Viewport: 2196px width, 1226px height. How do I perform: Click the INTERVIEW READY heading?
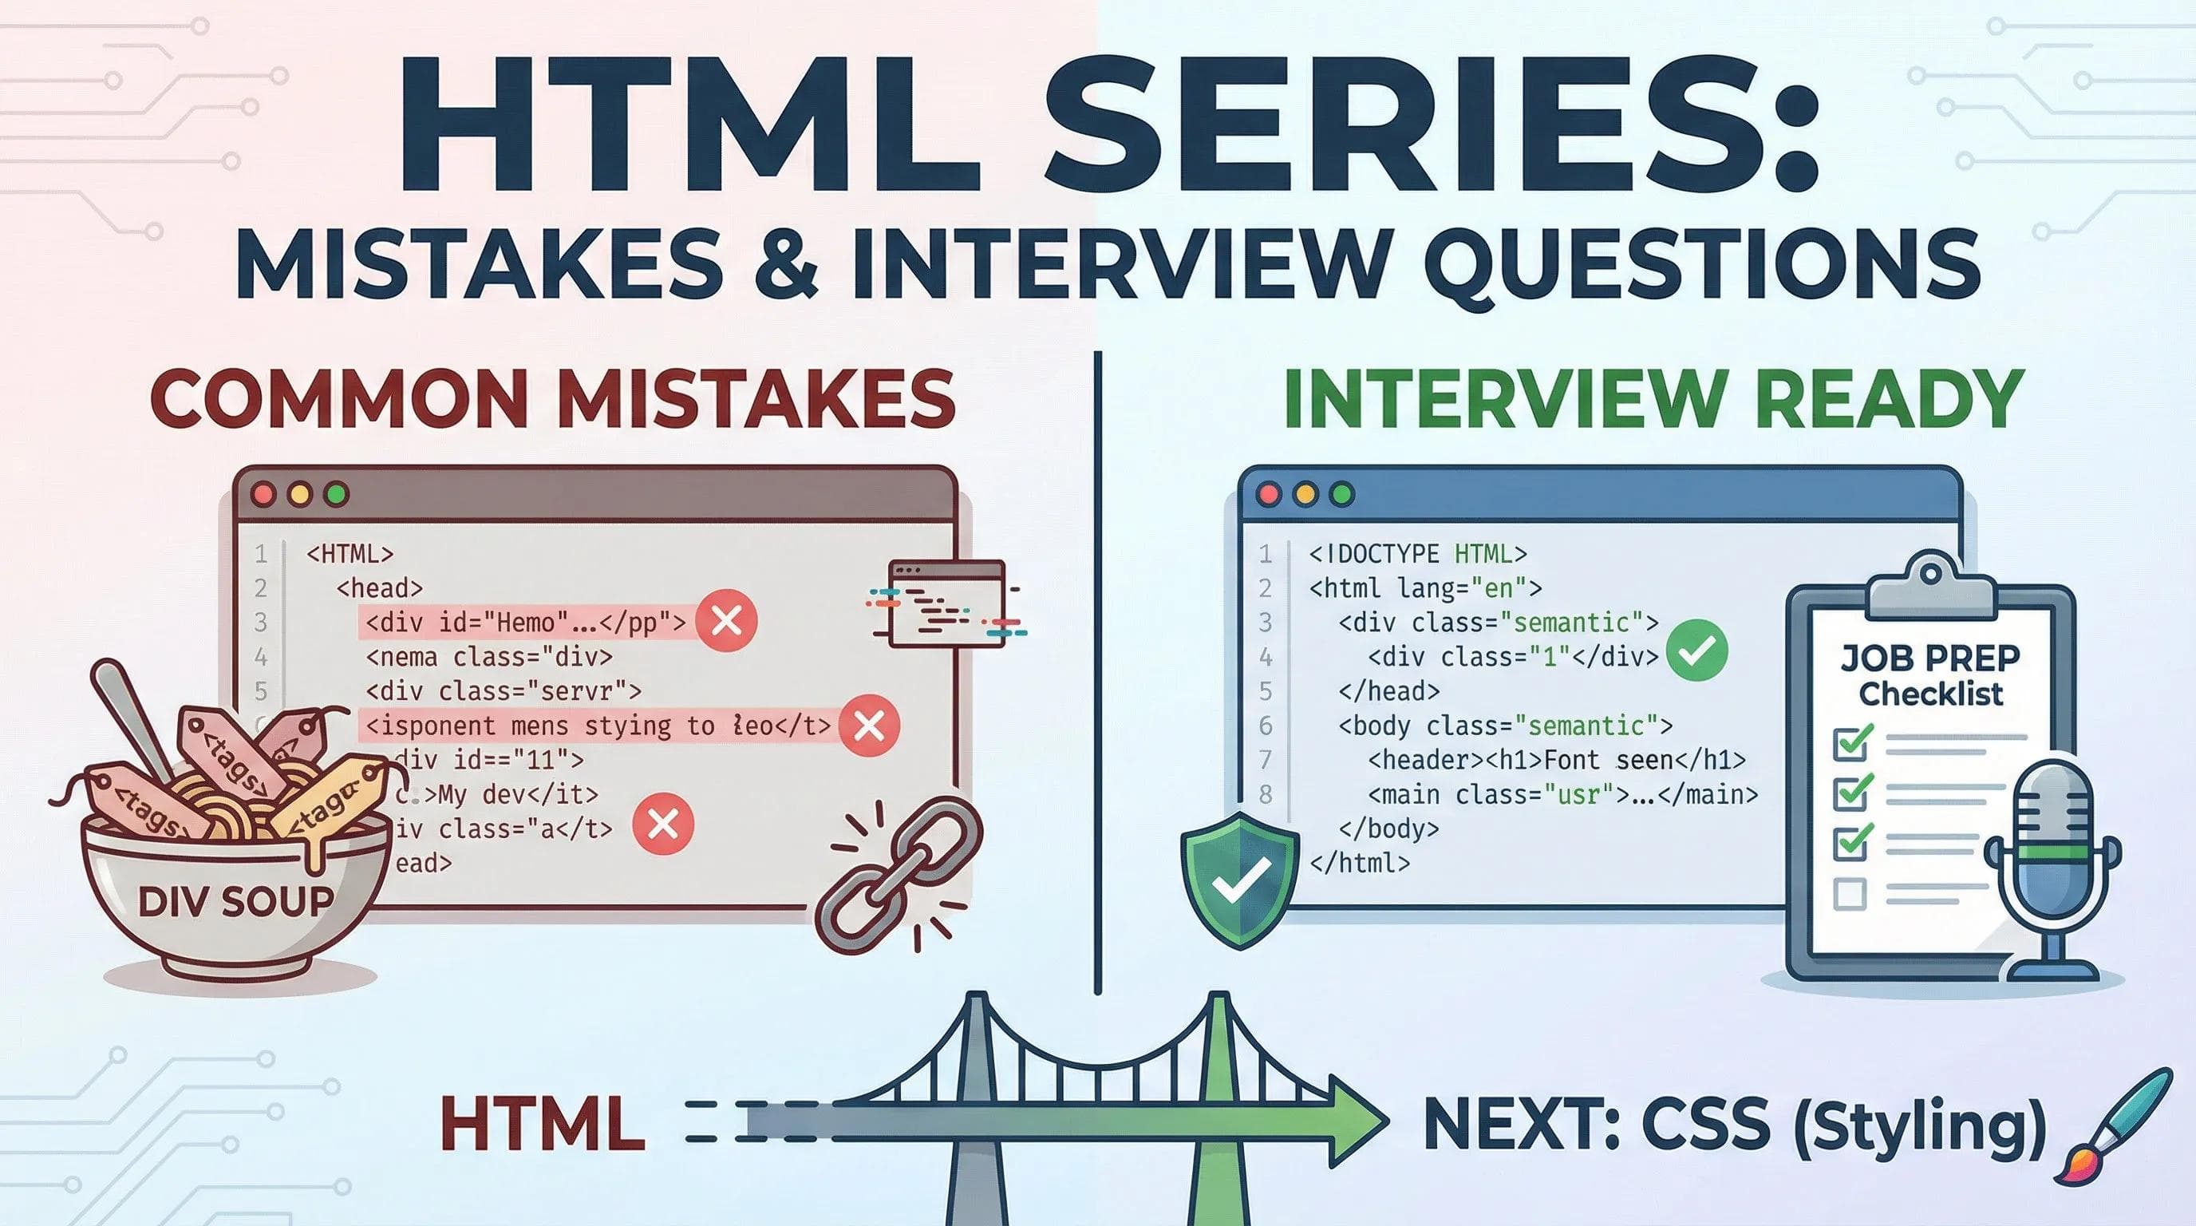pos(1654,398)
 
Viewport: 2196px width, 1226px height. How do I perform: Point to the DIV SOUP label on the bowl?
pos(235,901)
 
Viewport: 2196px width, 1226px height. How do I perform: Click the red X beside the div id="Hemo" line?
pos(726,623)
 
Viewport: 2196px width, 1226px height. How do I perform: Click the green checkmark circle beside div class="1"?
pos(1697,651)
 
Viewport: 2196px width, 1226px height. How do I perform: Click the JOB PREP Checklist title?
pos(1930,675)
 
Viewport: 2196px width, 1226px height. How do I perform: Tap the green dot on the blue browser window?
pos(1342,496)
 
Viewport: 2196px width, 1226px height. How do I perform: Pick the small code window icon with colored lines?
pos(946,603)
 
